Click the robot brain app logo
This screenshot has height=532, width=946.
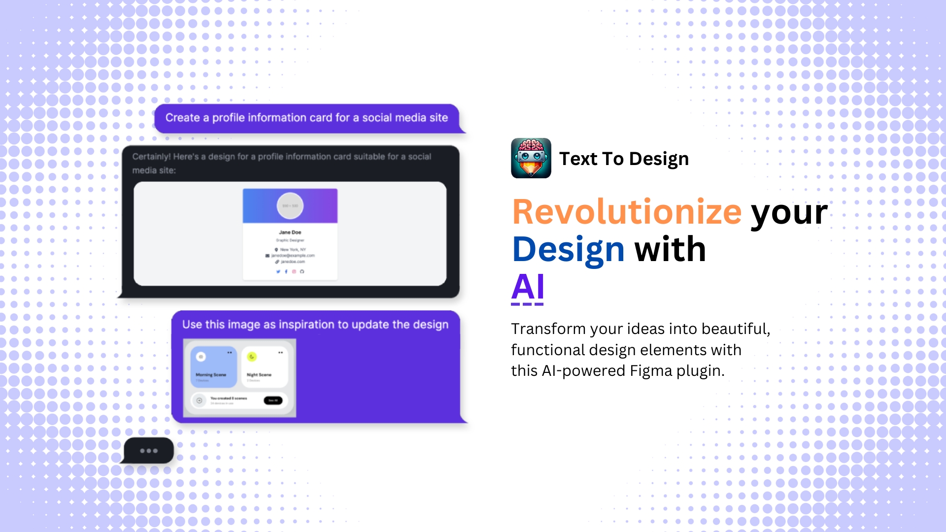click(531, 158)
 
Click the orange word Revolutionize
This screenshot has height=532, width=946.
click(627, 212)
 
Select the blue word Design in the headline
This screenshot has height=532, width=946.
click(569, 249)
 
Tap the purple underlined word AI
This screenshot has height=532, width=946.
click(528, 287)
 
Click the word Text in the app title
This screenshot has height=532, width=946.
click(578, 159)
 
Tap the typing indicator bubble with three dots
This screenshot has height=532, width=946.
click(148, 451)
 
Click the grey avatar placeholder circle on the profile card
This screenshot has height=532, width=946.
click(290, 205)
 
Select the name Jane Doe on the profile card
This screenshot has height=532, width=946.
click(290, 232)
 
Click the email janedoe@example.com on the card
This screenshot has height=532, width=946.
click(293, 256)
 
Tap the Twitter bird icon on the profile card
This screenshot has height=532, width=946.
click(278, 271)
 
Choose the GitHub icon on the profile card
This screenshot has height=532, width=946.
click(302, 271)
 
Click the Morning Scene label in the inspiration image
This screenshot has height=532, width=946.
click(211, 375)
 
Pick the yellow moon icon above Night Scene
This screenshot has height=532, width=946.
click(252, 357)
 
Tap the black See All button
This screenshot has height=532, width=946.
click(273, 400)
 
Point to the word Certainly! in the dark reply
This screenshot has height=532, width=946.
click(151, 157)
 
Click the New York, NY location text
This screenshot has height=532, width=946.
click(293, 250)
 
